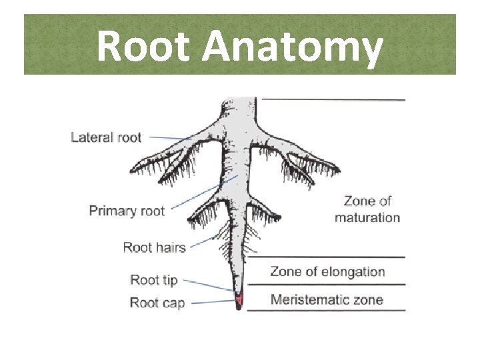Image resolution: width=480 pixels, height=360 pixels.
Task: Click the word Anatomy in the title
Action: click(293, 48)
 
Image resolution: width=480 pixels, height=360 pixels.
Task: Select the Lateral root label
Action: click(106, 138)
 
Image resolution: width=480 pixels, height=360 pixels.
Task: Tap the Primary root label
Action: click(127, 211)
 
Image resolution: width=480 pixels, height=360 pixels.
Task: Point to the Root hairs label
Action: click(154, 247)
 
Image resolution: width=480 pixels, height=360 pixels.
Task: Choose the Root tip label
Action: click(153, 280)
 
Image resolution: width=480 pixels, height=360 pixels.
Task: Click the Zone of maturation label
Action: click(367, 209)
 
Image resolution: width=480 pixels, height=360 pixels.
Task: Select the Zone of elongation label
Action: click(327, 271)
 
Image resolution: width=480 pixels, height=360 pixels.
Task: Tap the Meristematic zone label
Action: click(327, 299)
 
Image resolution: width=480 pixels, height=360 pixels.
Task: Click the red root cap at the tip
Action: click(238, 299)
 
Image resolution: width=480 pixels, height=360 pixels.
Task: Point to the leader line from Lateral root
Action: click(168, 137)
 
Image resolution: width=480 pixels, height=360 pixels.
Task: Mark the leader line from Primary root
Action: click(200, 194)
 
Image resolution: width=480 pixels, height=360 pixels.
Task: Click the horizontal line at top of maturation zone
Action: click(333, 100)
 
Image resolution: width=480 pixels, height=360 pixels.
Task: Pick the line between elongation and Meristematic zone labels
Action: click(327, 285)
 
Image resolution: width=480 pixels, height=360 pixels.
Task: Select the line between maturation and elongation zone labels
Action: click(327, 257)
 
